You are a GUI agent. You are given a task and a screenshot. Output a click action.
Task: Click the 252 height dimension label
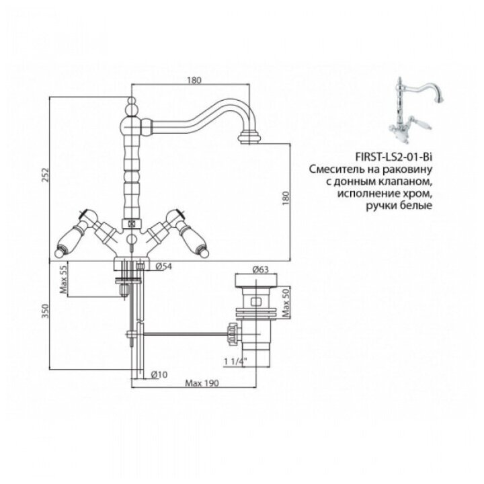pyautogui.click(x=46, y=175)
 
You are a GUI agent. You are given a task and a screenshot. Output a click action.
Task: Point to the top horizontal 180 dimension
pyautogui.click(x=194, y=81)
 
